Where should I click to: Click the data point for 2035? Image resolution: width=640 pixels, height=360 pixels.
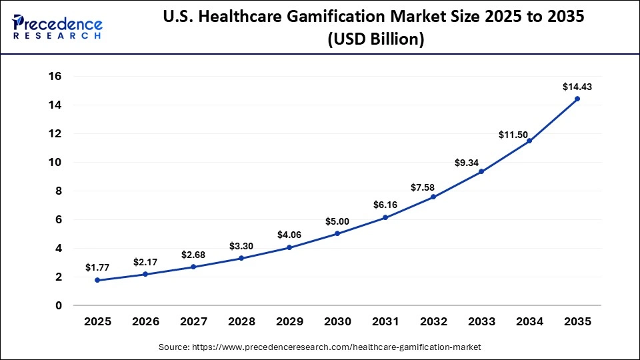click(577, 99)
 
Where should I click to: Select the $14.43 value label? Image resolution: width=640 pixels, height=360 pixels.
click(577, 87)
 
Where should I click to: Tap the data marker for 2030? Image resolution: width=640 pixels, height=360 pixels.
click(337, 233)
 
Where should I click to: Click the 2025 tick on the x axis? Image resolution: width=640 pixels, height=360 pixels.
click(97, 321)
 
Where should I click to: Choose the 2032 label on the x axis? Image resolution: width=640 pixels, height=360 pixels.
click(433, 321)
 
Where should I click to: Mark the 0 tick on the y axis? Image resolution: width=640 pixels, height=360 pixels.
click(59, 305)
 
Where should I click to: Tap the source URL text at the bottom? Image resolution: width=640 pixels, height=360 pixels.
click(320, 347)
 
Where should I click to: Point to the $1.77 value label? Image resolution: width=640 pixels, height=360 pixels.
click(97, 267)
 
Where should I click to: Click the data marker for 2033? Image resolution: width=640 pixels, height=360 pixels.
click(481, 171)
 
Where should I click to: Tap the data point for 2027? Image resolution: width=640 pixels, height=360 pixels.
click(193, 267)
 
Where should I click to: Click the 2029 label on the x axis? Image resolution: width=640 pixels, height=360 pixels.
click(289, 321)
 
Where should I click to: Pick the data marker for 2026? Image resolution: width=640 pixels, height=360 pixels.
click(145, 274)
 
